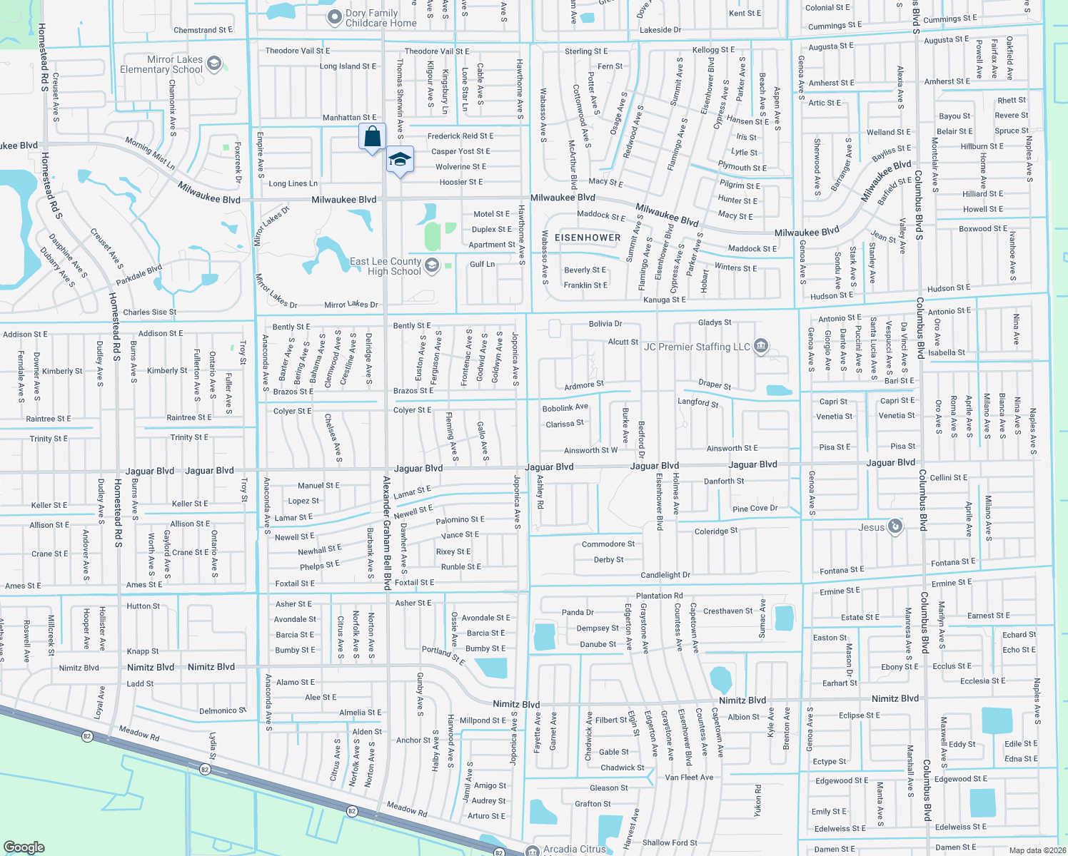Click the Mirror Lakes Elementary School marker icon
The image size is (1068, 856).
(214, 65)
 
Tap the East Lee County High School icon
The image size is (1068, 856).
(431, 266)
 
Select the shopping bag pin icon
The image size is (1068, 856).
(372, 136)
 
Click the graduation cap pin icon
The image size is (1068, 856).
(400, 160)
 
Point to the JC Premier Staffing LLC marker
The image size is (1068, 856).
(760, 347)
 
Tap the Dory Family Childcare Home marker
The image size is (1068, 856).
(334, 17)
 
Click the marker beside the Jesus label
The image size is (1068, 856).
(895, 527)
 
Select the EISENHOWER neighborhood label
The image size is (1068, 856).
(588, 238)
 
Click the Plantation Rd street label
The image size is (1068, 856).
(659, 596)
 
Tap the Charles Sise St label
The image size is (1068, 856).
(149, 312)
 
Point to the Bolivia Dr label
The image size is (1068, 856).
(605, 324)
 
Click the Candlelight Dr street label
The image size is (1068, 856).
(665, 575)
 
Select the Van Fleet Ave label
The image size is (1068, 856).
(689, 778)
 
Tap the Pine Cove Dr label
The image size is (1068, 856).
(755, 509)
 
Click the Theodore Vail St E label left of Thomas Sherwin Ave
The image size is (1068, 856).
(298, 51)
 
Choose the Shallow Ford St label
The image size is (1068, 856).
(670, 842)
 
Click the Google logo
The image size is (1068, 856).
(24, 847)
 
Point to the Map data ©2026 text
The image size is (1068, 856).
(1037, 850)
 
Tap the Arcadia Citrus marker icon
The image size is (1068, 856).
(532, 850)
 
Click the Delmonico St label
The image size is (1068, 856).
(223, 710)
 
